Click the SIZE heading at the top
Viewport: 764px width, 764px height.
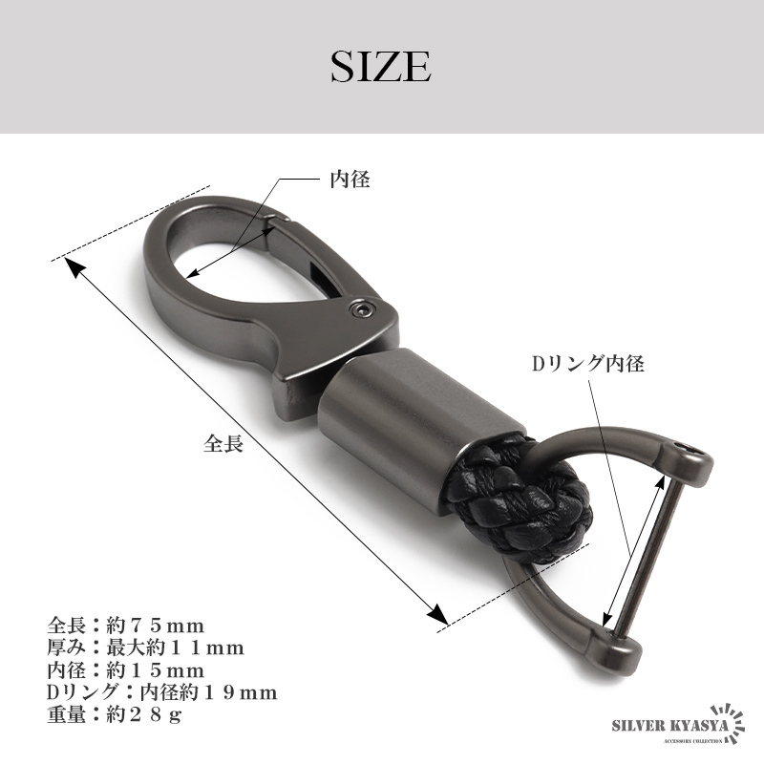point(381,66)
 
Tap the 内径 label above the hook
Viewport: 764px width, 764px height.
point(350,180)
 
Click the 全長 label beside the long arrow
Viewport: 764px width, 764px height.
point(223,443)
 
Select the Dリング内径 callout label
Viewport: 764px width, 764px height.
point(588,364)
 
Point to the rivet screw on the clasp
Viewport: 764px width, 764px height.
point(361,308)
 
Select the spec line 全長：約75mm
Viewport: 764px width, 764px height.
point(126,626)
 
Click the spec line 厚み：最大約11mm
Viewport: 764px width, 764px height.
point(146,647)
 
